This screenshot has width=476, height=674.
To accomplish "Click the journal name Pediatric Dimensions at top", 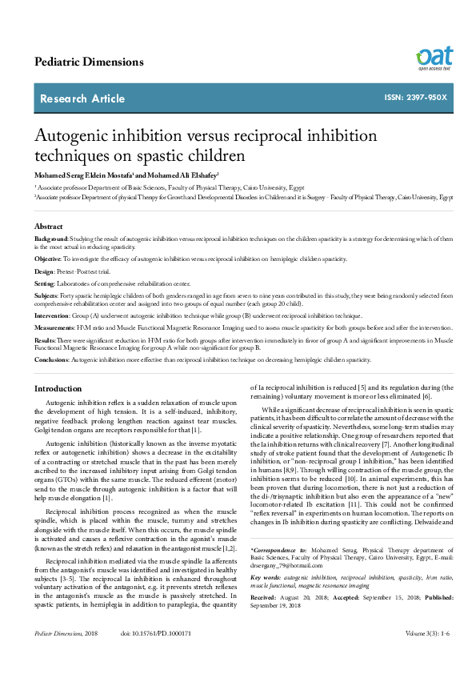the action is coord(89,62).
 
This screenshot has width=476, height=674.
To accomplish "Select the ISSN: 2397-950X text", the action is coord(416,98).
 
